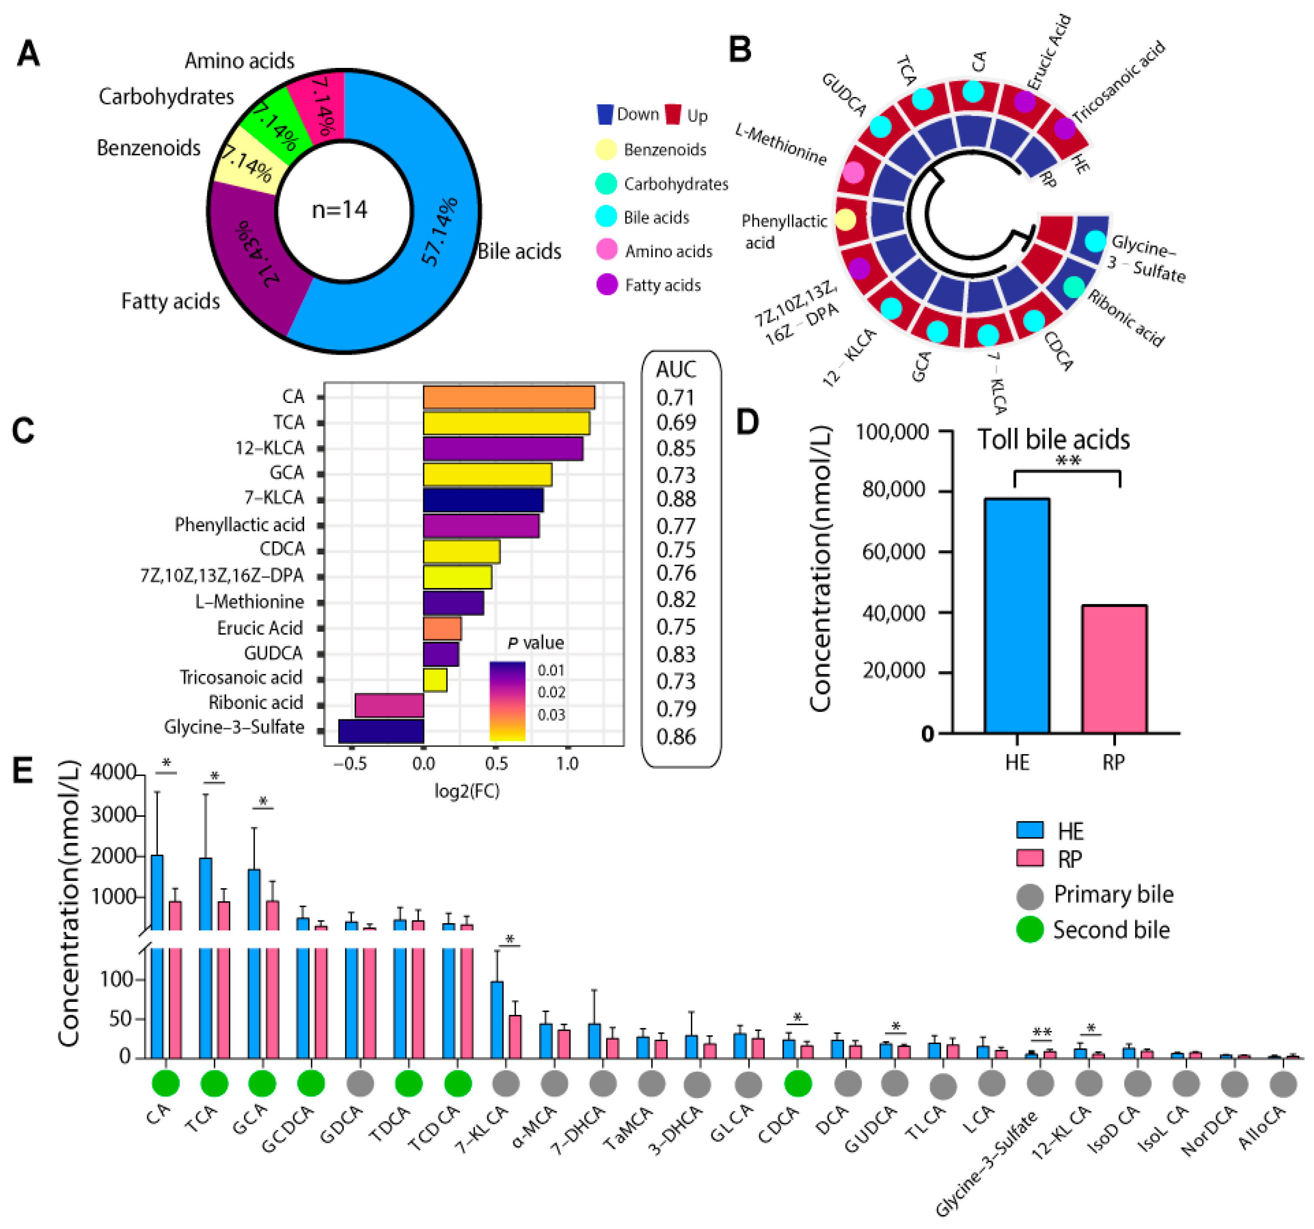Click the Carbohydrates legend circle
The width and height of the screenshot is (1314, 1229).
pos(606,184)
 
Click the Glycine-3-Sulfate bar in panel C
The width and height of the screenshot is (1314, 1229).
pos(381,731)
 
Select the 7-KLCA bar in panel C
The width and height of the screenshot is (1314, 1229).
pos(483,500)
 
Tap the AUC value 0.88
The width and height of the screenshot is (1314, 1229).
pos(676,499)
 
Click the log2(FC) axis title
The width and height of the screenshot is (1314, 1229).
pos(466,791)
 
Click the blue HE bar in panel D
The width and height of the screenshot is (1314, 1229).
pos(1016,615)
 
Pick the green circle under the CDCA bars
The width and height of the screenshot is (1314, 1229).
pos(798,1084)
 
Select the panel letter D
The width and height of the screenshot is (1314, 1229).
pos(748,422)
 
